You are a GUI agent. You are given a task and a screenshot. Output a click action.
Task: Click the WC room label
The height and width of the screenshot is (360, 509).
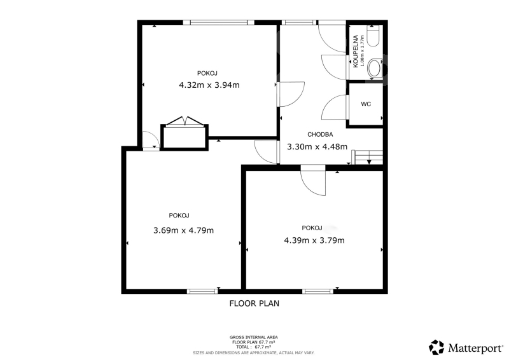click(366, 104)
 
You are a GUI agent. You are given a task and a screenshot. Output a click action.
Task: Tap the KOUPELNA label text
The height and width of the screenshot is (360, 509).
click(356, 52)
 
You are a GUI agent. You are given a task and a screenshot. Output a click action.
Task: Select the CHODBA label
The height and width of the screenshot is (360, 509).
click(320, 134)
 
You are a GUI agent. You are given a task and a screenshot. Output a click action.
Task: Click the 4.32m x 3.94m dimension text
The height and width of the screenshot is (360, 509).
click(209, 85)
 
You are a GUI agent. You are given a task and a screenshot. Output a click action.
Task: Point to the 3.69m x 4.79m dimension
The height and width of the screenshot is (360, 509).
click(183, 230)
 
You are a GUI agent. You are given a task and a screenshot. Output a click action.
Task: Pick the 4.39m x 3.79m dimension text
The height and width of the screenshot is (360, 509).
click(314, 240)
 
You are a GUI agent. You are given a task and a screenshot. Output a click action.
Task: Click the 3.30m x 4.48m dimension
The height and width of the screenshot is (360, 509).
click(317, 147)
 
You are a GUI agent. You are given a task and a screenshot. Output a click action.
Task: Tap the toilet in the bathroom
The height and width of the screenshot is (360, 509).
click(373, 36)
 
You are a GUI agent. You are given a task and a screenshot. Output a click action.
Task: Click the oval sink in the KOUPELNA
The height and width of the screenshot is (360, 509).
click(375, 69)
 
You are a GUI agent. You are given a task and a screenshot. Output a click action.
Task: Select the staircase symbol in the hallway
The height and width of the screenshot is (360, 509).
click(368, 157)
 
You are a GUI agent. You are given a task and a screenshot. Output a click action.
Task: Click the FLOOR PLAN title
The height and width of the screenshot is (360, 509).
click(254, 303)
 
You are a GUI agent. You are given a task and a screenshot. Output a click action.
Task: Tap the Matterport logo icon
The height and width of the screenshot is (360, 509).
click(436, 347)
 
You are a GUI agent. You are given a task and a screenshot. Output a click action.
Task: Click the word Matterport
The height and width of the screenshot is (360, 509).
click(475, 349)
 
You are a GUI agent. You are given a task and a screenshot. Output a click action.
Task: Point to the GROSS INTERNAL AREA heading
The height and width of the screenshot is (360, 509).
click(253, 337)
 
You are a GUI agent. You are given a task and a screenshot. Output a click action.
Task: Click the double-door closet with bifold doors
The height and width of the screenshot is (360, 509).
click(185, 134)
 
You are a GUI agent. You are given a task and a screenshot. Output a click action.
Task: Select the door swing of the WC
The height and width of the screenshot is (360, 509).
click(335, 107)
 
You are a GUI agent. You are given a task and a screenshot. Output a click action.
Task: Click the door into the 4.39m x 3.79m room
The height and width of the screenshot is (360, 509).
click(313, 180)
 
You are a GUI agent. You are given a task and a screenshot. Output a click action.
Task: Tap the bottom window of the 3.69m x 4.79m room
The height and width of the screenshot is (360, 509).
click(202, 291)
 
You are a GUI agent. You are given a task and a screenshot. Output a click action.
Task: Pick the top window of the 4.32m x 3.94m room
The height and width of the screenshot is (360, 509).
click(218, 22)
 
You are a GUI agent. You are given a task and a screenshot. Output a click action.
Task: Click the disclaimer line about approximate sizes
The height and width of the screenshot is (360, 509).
click(253, 353)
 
